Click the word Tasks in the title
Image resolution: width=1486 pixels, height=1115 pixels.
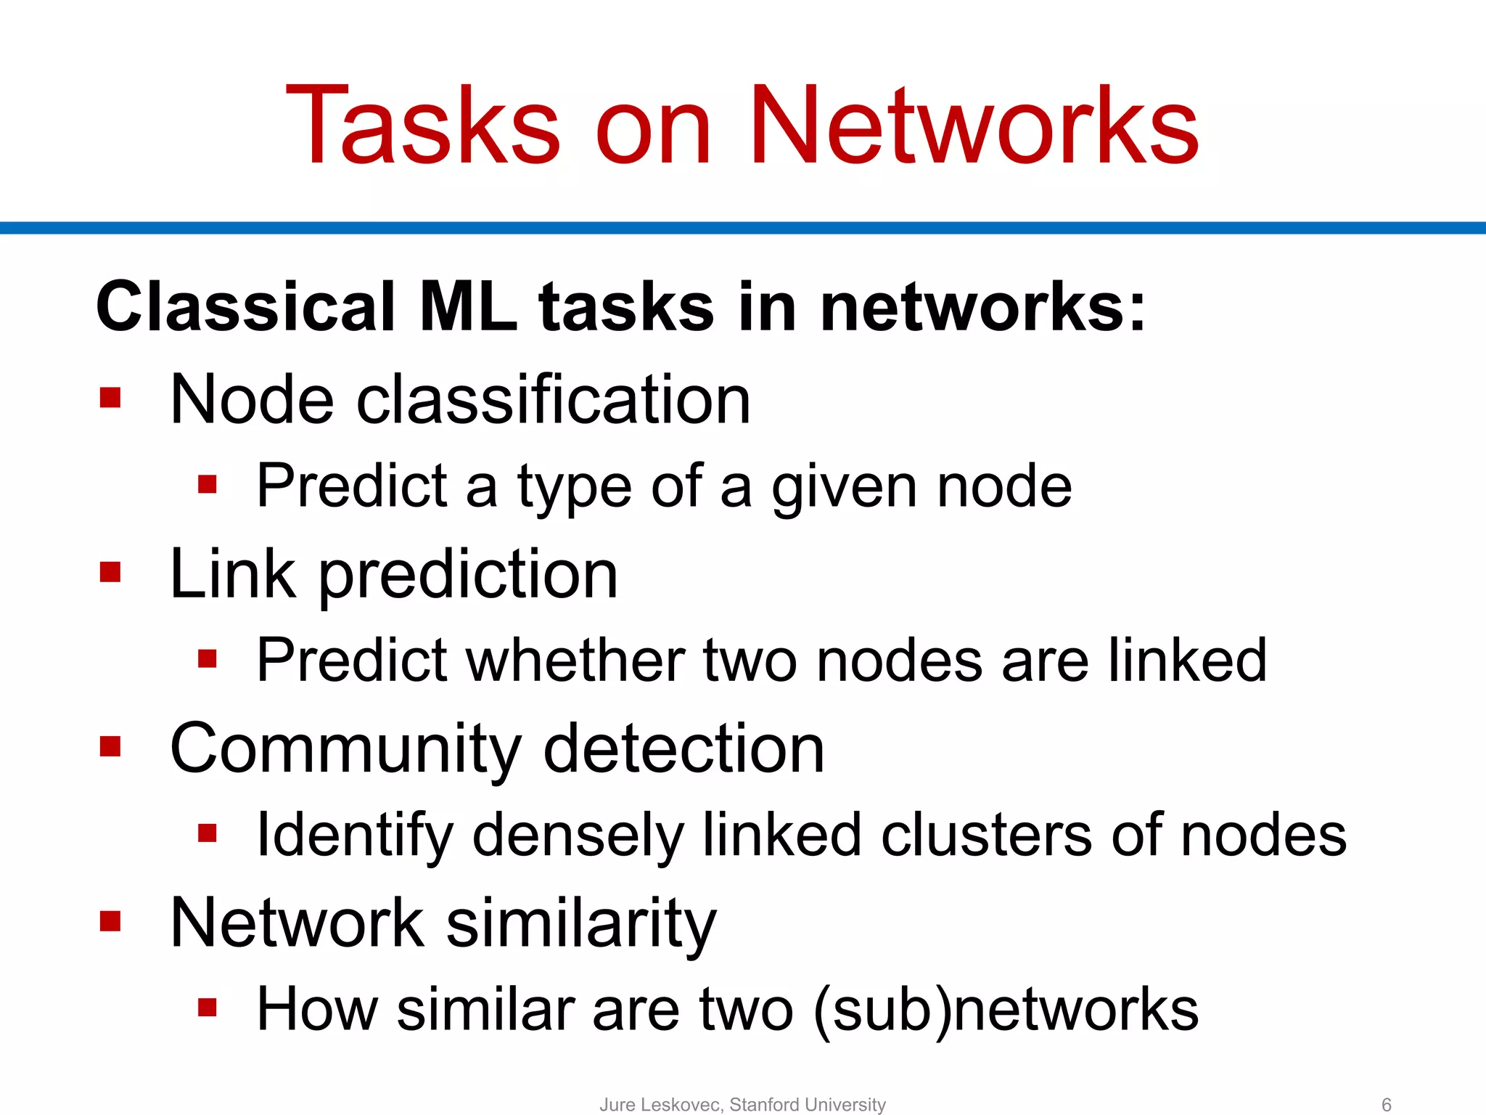[x=423, y=126]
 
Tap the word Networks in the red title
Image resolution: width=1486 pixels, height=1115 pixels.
[x=974, y=126]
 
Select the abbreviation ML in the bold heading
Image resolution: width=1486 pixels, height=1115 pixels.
[x=468, y=307]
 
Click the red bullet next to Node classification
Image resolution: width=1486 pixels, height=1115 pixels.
[x=110, y=398]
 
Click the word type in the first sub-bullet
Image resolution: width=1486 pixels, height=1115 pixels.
[x=574, y=487]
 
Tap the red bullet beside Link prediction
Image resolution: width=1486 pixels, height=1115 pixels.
[x=110, y=572]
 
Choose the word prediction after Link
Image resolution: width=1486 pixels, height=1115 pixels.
[x=468, y=575]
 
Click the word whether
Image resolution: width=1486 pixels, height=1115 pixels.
[x=575, y=660]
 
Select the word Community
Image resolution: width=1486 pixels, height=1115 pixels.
[x=345, y=750]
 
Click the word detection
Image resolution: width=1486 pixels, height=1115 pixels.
[x=684, y=748]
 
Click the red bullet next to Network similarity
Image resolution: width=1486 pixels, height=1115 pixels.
[x=110, y=921]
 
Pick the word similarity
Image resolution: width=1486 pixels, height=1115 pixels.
[x=580, y=924]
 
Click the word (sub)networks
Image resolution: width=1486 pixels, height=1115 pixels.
[x=1006, y=1010]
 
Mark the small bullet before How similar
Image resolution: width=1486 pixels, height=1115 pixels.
[x=208, y=1007]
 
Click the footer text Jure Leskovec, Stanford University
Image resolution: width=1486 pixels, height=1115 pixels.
[x=742, y=1104]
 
